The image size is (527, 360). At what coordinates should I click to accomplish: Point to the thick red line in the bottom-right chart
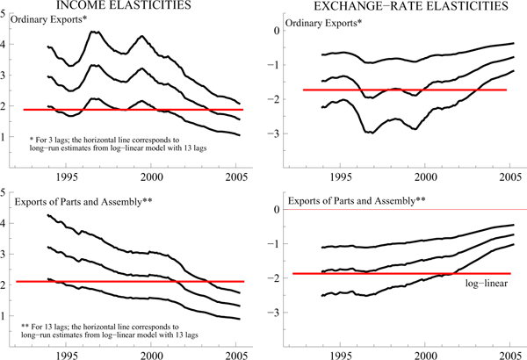[x=395, y=273]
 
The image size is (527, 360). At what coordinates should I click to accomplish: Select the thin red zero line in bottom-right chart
[x=395, y=209]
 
